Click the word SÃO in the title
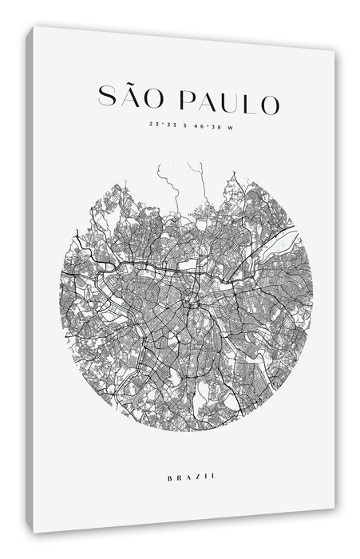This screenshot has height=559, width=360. pos(129,101)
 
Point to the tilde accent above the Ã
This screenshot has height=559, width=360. pos(129,85)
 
